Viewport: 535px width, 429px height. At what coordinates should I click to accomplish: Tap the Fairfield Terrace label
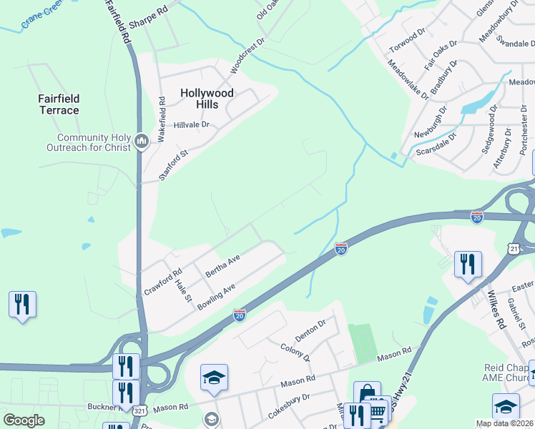[x=59, y=104]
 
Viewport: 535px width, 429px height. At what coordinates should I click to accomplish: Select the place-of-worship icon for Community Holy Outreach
[x=141, y=141]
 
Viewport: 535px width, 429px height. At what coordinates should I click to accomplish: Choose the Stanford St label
[x=172, y=164]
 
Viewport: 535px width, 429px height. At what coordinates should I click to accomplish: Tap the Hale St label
[x=184, y=290]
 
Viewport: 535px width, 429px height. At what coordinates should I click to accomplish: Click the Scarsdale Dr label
[x=434, y=144]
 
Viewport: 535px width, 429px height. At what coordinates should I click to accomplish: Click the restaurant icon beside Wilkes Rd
[x=467, y=265]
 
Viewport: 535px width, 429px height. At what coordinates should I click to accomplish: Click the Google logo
[x=24, y=420]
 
